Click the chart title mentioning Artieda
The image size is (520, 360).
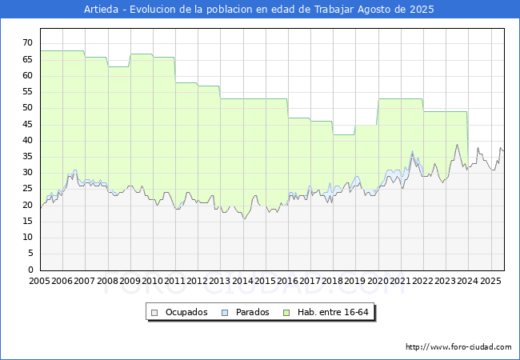tap(259, 10)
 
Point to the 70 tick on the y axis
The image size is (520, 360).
tap(27, 43)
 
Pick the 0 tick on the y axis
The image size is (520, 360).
tap(30, 270)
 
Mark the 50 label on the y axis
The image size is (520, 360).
tap(27, 108)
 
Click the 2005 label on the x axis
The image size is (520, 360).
tap(40, 281)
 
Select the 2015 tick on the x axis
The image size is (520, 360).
tap(266, 281)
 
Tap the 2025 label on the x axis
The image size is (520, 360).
tap(490, 281)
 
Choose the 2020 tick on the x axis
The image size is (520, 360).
tap(378, 281)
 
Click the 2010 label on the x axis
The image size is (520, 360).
tap(153, 281)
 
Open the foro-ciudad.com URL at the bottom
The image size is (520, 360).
tap(458, 347)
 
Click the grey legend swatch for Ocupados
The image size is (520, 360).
tap(154, 312)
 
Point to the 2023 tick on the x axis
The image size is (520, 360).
tap(446, 281)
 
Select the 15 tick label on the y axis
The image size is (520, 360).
tap(27, 238)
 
